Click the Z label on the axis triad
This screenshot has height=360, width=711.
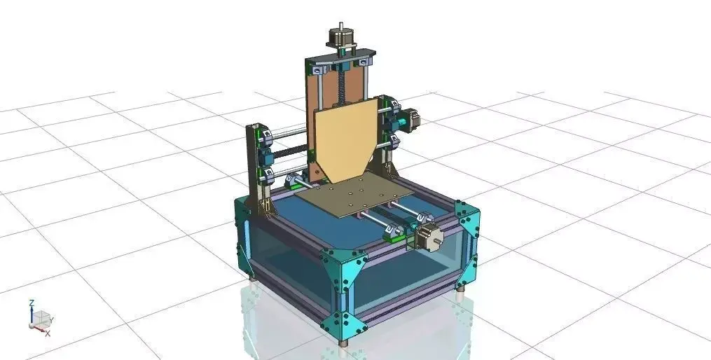click(32, 303)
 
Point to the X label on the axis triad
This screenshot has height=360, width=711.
click(47, 333)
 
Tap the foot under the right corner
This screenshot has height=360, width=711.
click(460, 295)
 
